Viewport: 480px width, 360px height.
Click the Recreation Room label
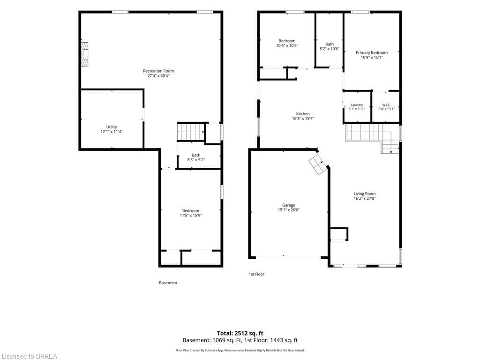click(x=158, y=73)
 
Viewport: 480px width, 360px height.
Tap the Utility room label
click(x=112, y=129)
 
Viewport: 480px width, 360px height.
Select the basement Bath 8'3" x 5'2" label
click(x=196, y=157)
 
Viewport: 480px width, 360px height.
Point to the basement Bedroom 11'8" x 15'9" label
click(x=191, y=213)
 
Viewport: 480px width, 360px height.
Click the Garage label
click(x=289, y=208)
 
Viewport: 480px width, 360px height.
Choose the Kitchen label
click(x=303, y=116)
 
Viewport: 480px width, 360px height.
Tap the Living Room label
click(x=365, y=196)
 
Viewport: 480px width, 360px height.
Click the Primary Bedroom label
click(x=372, y=55)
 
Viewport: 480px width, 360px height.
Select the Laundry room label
click(x=357, y=107)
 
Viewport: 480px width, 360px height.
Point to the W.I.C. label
click(x=386, y=107)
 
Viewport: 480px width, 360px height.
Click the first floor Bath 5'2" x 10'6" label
click(x=330, y=46)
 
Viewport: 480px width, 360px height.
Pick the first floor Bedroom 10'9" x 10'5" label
click(x=287, y=43)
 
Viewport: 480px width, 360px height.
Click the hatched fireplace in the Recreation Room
click(x=84, y=54)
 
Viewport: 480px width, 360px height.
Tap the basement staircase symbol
click(x=191, y=131)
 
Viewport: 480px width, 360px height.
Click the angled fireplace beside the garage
click(x=318, y=165)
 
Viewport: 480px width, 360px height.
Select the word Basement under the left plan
click(x=168, y=283)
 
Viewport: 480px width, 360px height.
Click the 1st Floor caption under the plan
click(x=256, y=274)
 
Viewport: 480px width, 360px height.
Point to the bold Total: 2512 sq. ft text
click(x=240, y=333)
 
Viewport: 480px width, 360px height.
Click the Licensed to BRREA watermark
click(x=30, y=356)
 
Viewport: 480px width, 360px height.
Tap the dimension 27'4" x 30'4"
click(x=158, y=75)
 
